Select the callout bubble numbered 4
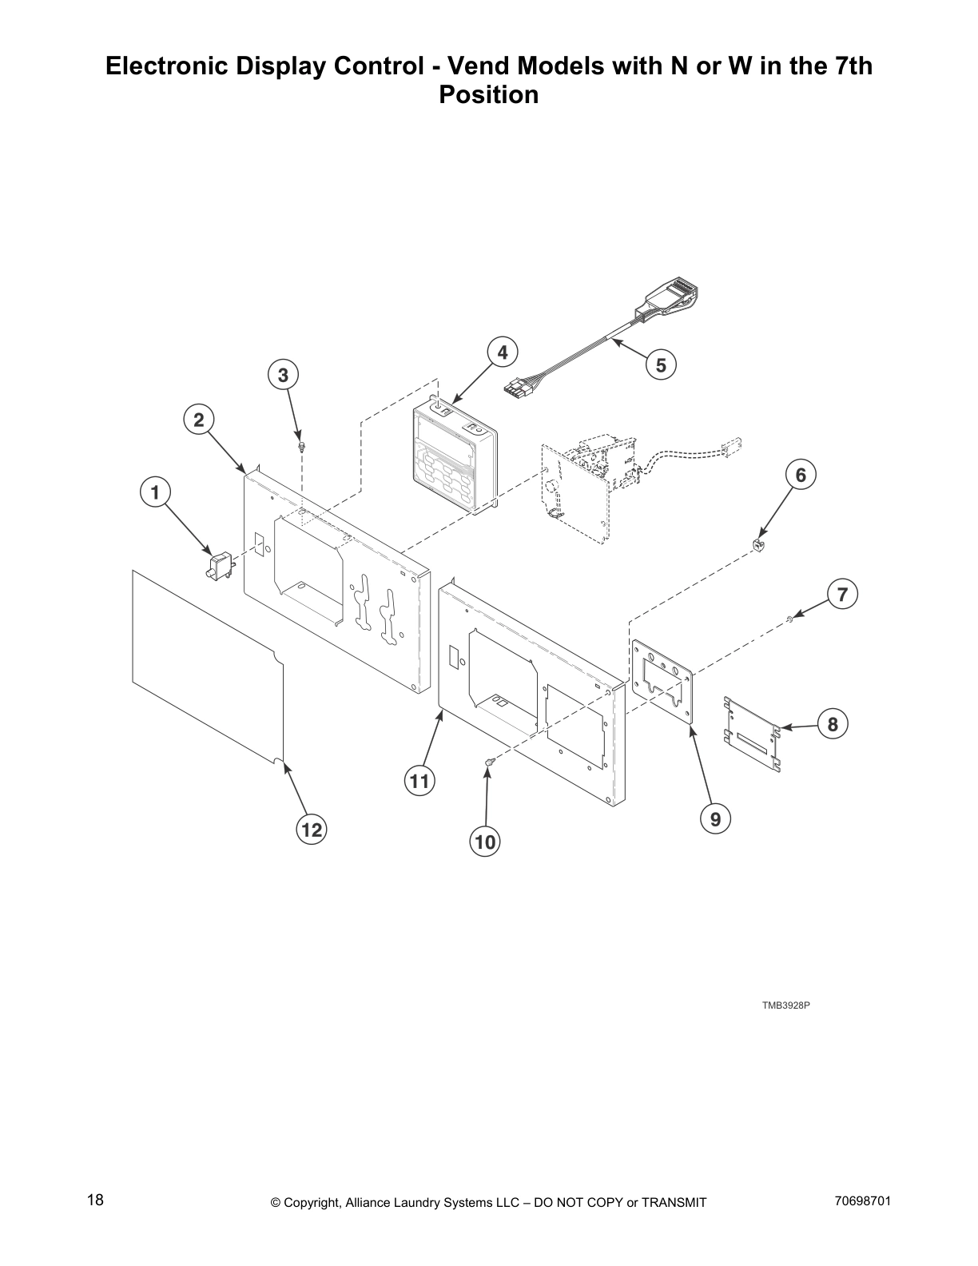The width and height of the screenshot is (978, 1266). [x=502, y=352]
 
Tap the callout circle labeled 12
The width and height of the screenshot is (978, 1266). [x=312, y=830]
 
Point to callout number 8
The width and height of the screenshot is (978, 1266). [x=833, y=725]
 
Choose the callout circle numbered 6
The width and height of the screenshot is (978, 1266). [x=801, y=475]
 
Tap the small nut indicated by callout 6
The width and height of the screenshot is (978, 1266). [x=757, y=544]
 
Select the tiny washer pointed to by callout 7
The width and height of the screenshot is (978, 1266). [x=789, y=618]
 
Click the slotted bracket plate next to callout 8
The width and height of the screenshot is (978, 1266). [x=751, y=733]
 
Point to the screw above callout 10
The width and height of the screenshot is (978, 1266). [x=489, y=766]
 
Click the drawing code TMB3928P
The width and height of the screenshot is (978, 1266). [x=785, y=1005]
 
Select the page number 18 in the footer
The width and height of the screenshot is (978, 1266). [x=95, y=1200]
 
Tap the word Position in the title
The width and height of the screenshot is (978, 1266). [x=489, y=95]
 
